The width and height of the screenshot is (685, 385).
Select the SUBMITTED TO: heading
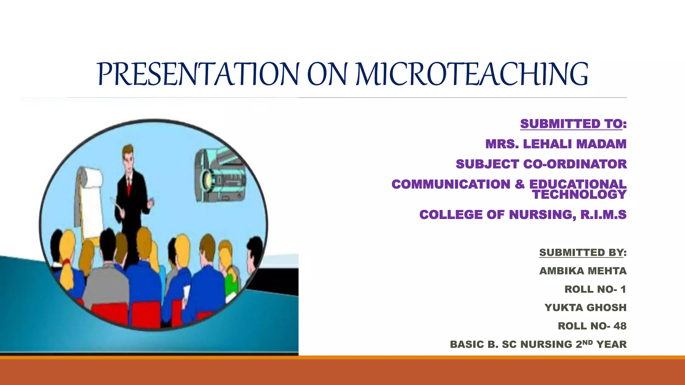(573, 124)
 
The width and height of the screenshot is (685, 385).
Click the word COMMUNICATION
(451, 184)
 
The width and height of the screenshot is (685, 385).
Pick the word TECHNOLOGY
(579, 195)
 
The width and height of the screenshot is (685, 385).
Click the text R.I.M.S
(603, 215)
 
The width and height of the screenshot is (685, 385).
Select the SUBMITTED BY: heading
(582, 252)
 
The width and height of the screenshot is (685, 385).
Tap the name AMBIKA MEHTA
(583, 271)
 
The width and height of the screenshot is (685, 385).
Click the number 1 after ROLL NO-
(623, 289)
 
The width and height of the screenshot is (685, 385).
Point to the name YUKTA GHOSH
(585, 307)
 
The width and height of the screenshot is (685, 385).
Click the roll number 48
(620, 326)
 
